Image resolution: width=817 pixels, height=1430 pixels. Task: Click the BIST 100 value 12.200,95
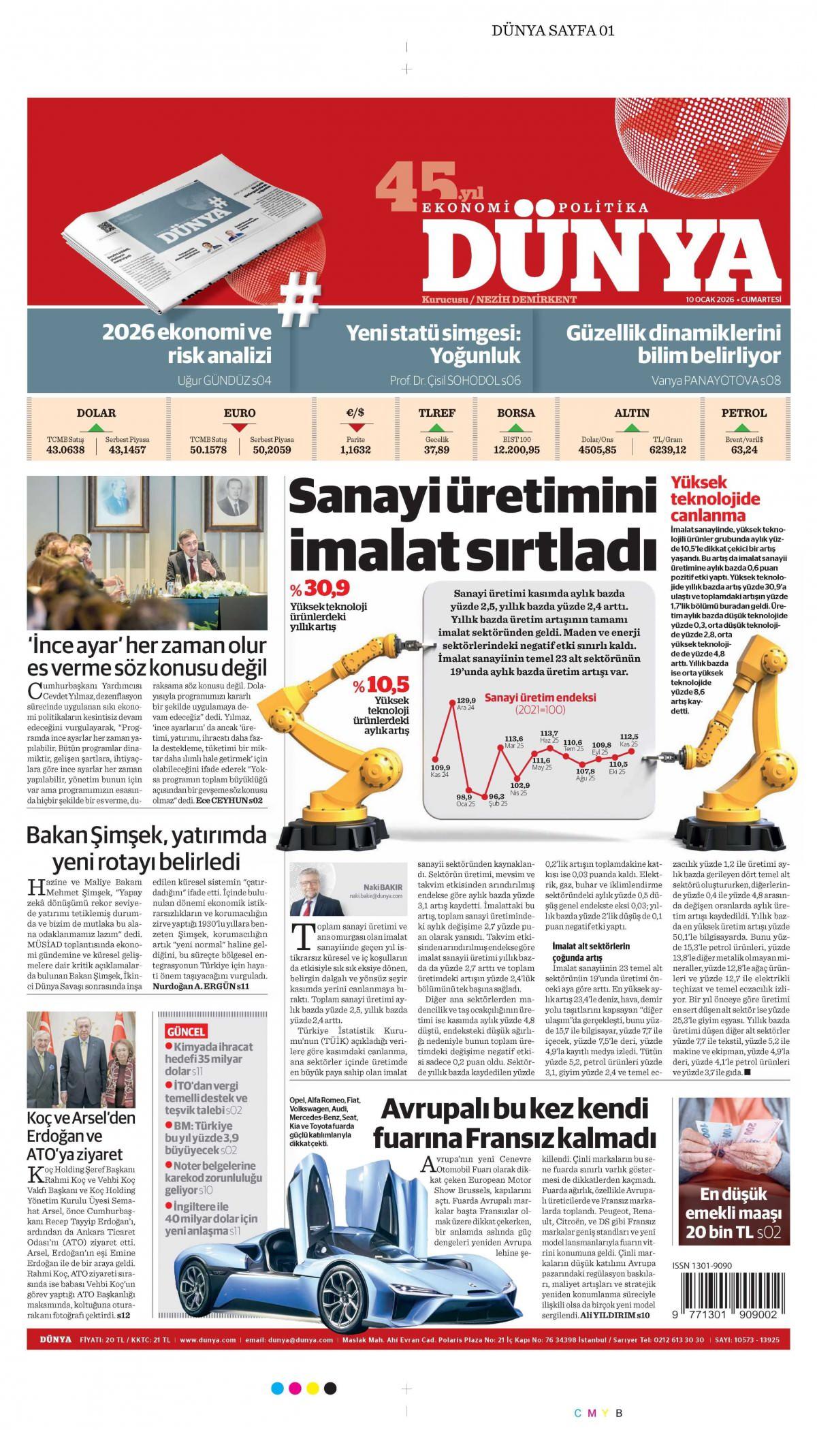point(516,449)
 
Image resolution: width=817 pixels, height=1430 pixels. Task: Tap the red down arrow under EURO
point(239,428)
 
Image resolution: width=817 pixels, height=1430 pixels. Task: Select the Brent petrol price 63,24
point(744,449)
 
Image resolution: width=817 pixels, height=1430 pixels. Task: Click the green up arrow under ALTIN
point(632,428)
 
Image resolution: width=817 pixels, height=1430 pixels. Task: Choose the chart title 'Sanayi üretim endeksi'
point(540,697)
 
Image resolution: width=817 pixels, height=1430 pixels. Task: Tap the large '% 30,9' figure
point(319,588)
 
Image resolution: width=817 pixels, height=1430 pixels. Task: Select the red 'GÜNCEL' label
point(186,1031)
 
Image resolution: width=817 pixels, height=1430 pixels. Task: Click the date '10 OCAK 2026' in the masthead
point(711,300)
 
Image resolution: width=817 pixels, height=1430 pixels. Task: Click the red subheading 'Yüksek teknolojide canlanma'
point(715,498)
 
